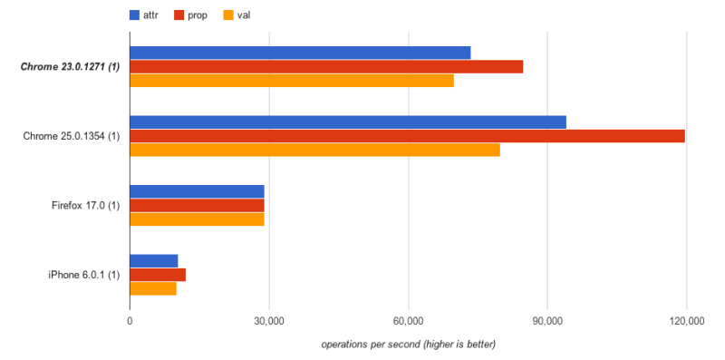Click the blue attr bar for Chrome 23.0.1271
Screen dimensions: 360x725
[300, 53]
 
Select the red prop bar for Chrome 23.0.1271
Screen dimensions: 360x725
[326, 66]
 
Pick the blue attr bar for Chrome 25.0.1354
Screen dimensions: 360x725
[348, 122]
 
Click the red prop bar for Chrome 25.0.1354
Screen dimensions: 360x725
[407, 136]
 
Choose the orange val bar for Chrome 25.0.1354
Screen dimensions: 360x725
[314, 150]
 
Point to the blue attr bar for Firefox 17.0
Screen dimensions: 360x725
[197, 191]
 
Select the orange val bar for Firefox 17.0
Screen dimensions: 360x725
[197, 219]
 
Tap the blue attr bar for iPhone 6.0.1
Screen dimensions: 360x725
[154, 261]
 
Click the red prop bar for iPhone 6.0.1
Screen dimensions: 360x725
[158, 275]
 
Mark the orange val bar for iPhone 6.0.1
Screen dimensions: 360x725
[153, 288]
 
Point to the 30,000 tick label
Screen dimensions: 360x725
[269, 322]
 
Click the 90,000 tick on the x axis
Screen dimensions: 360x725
[547, 322]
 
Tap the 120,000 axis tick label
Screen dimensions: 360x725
[686, 322]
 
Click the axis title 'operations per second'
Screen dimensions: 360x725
[408, 345]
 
